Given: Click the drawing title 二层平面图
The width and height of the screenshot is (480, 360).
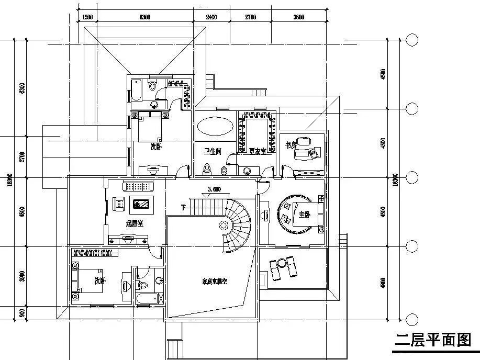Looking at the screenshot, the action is [433, 341].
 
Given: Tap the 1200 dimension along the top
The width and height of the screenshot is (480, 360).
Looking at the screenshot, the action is [87, 17].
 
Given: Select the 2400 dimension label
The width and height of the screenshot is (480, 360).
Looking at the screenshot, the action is [211, 17].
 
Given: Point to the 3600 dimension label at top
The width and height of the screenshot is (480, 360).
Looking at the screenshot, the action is [298, 17].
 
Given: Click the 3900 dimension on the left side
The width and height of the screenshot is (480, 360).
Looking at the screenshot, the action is [22, 276].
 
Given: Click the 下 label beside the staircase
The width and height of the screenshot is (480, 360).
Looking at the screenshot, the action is [183, 207].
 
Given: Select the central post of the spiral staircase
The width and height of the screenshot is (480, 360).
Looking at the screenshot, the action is [225, 226].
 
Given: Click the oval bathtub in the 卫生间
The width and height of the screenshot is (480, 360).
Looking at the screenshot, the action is [215, 127].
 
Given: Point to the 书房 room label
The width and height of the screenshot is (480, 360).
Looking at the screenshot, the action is [291, 144].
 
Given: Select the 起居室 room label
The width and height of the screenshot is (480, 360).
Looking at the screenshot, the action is [135, 223].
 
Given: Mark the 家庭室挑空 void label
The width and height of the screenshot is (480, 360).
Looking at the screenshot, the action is [215, 281].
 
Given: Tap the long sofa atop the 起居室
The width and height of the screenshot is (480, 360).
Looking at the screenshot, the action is [138, 186].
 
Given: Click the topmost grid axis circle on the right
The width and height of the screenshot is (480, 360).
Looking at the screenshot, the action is [412, 40].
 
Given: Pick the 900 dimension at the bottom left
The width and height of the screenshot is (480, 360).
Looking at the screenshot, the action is [22, 313].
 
